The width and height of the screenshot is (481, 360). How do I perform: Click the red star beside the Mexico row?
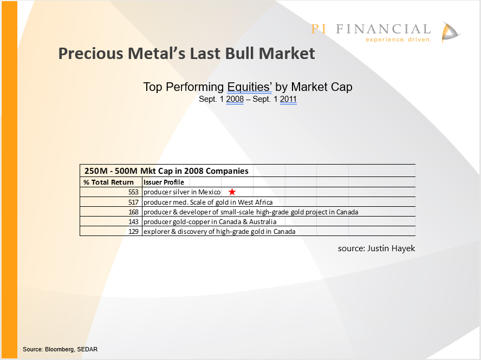(232, 192)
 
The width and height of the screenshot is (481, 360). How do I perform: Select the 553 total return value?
(133, 192)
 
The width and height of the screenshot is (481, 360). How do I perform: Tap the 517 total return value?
(133, 202)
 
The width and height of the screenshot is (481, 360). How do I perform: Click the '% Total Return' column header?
(108, 182)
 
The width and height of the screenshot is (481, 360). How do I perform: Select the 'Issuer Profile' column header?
(164, 182)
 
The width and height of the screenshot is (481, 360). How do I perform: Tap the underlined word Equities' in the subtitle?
(249, 87)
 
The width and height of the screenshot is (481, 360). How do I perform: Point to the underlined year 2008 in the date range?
(235, 99)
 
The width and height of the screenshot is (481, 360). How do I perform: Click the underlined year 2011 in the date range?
(288, 99)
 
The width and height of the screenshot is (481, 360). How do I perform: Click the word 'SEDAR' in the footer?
(87, 349)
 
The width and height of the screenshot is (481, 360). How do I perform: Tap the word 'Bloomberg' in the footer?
(60, 350)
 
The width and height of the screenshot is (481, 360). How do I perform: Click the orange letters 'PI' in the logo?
(318, 29)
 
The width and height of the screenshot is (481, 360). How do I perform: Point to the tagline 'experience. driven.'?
(398, 40)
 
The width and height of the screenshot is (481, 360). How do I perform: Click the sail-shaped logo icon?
(450, 32)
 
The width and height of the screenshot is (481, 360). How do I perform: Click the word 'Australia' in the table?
(263, 222)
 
